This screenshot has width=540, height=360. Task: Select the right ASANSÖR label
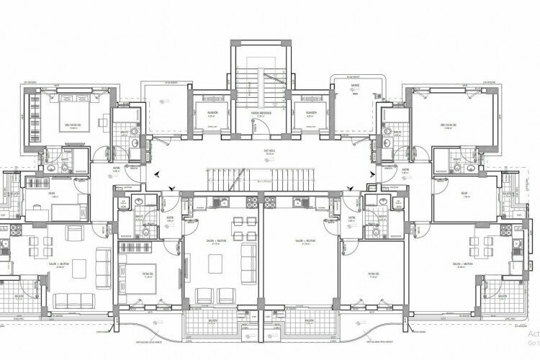311,112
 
